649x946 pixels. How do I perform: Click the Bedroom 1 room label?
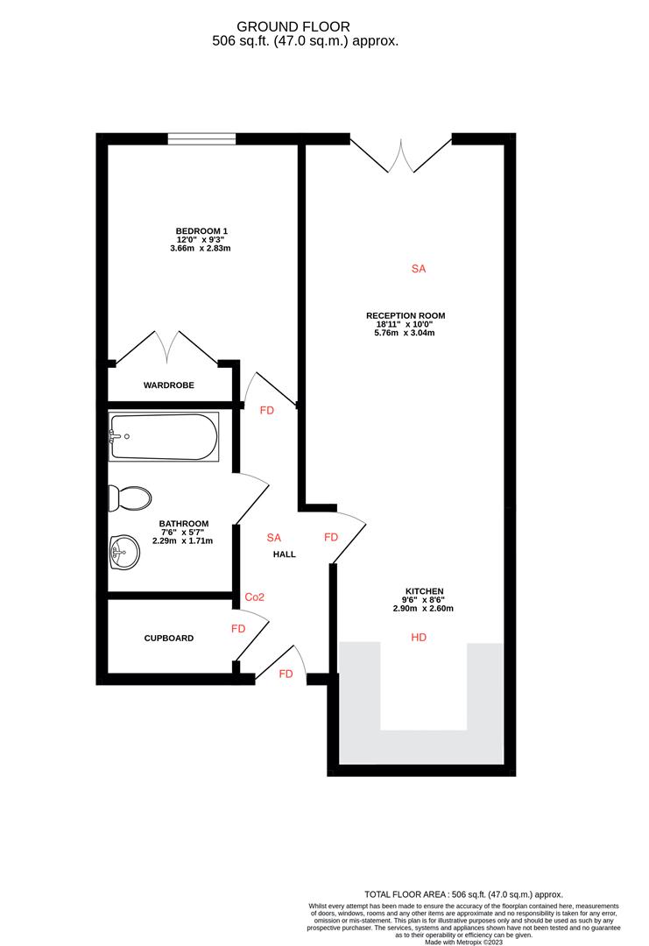[201, 231]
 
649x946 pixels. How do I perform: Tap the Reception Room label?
[406, 315]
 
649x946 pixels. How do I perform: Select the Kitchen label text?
[424, 591]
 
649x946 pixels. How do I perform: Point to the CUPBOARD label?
[169, 639]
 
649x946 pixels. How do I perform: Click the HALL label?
[283, 554]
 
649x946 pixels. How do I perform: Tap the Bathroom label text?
[184, 524]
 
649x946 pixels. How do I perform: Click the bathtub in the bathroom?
[163, 437]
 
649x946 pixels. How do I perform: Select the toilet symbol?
[128, 498]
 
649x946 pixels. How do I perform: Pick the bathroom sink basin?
[123, 553]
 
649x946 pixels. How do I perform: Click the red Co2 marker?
[255, 597]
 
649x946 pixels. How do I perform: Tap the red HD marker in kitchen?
[419, 639]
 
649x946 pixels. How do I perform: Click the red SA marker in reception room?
[418, 270]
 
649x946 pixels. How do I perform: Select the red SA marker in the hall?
[274, 537]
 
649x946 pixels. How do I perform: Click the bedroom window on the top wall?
[201, 138]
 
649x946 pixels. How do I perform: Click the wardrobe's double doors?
[166, 347]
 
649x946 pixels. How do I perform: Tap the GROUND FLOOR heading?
[306, 27]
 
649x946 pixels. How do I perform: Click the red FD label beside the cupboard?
[238, 629]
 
